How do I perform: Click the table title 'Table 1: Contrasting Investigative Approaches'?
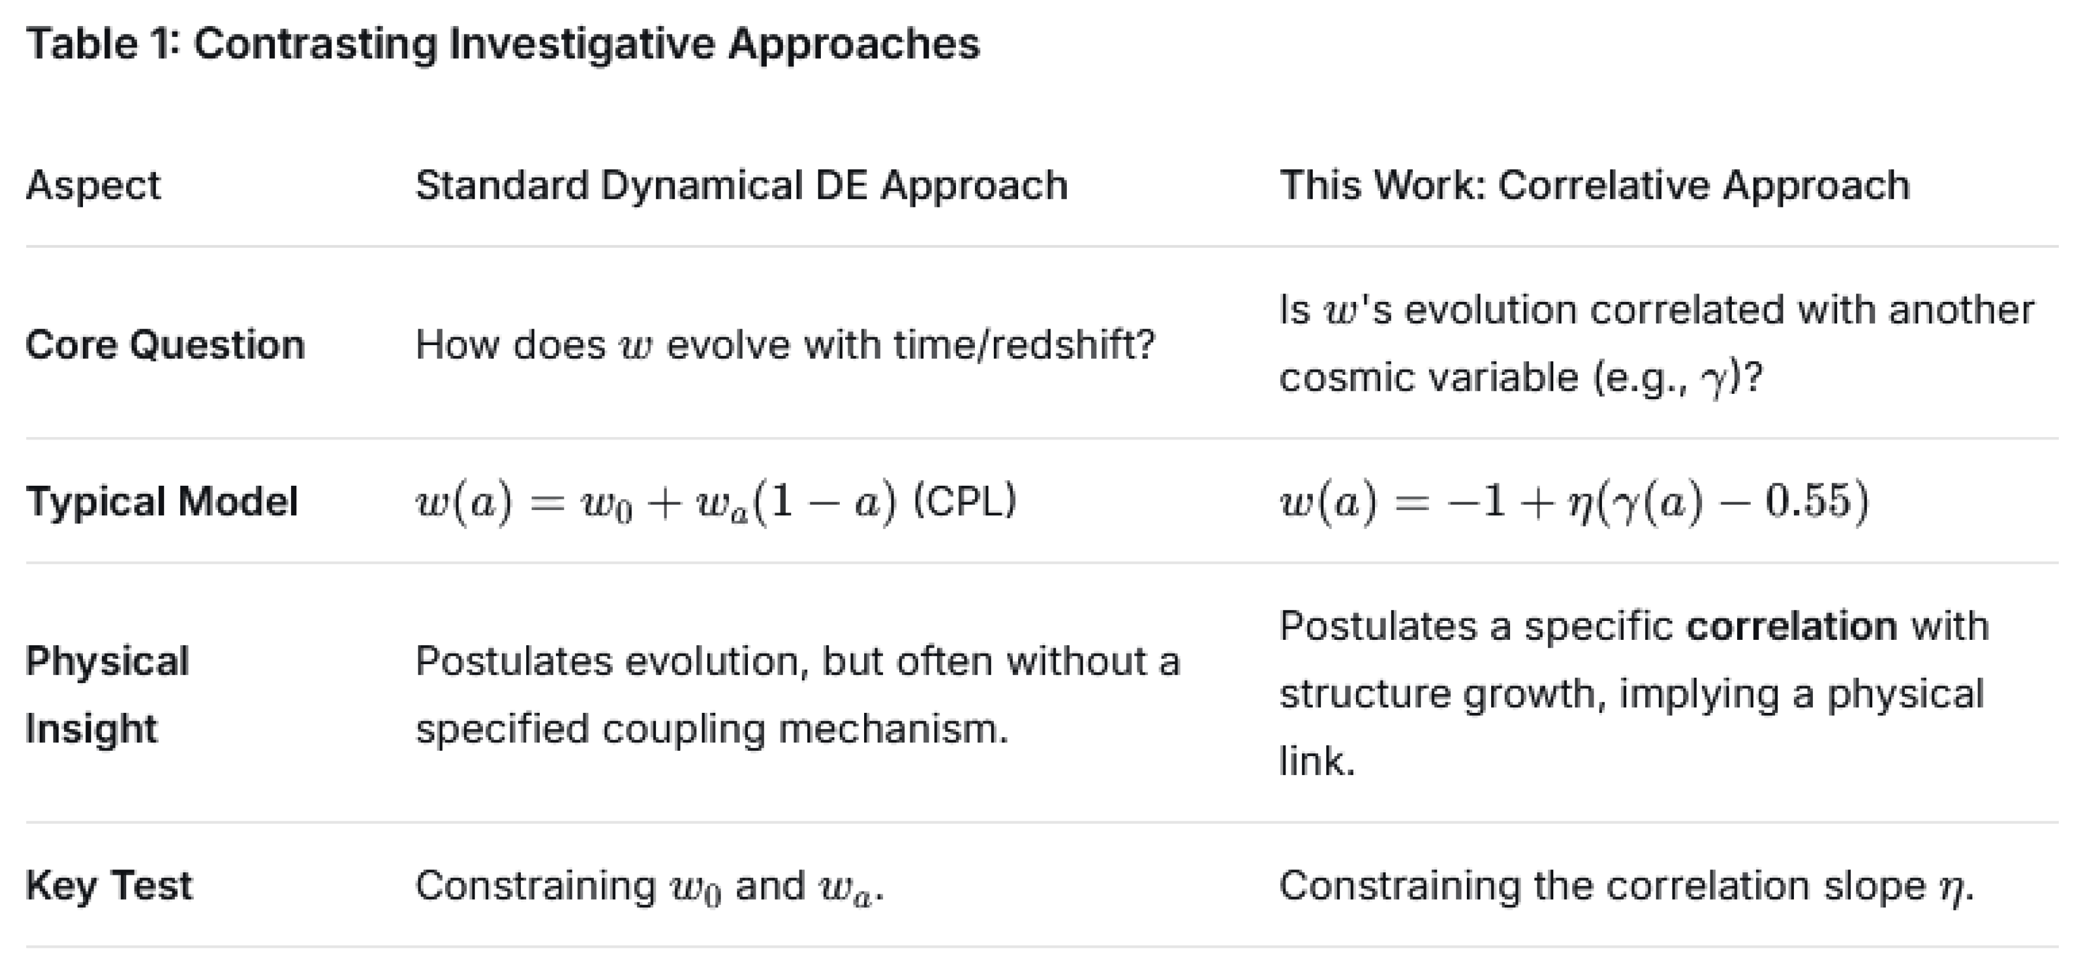click(503, 44)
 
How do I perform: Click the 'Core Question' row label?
click(165, 345)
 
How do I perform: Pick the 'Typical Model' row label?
click(162, 501)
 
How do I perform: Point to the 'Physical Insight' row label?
click(107, 694)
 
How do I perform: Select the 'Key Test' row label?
click(109, 885)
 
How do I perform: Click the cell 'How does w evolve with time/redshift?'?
click(785, 345)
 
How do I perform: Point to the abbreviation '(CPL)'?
click(964, 501)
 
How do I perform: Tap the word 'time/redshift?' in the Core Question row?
click(1024, 345)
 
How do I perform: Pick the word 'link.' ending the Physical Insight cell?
click(1317, 761)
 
